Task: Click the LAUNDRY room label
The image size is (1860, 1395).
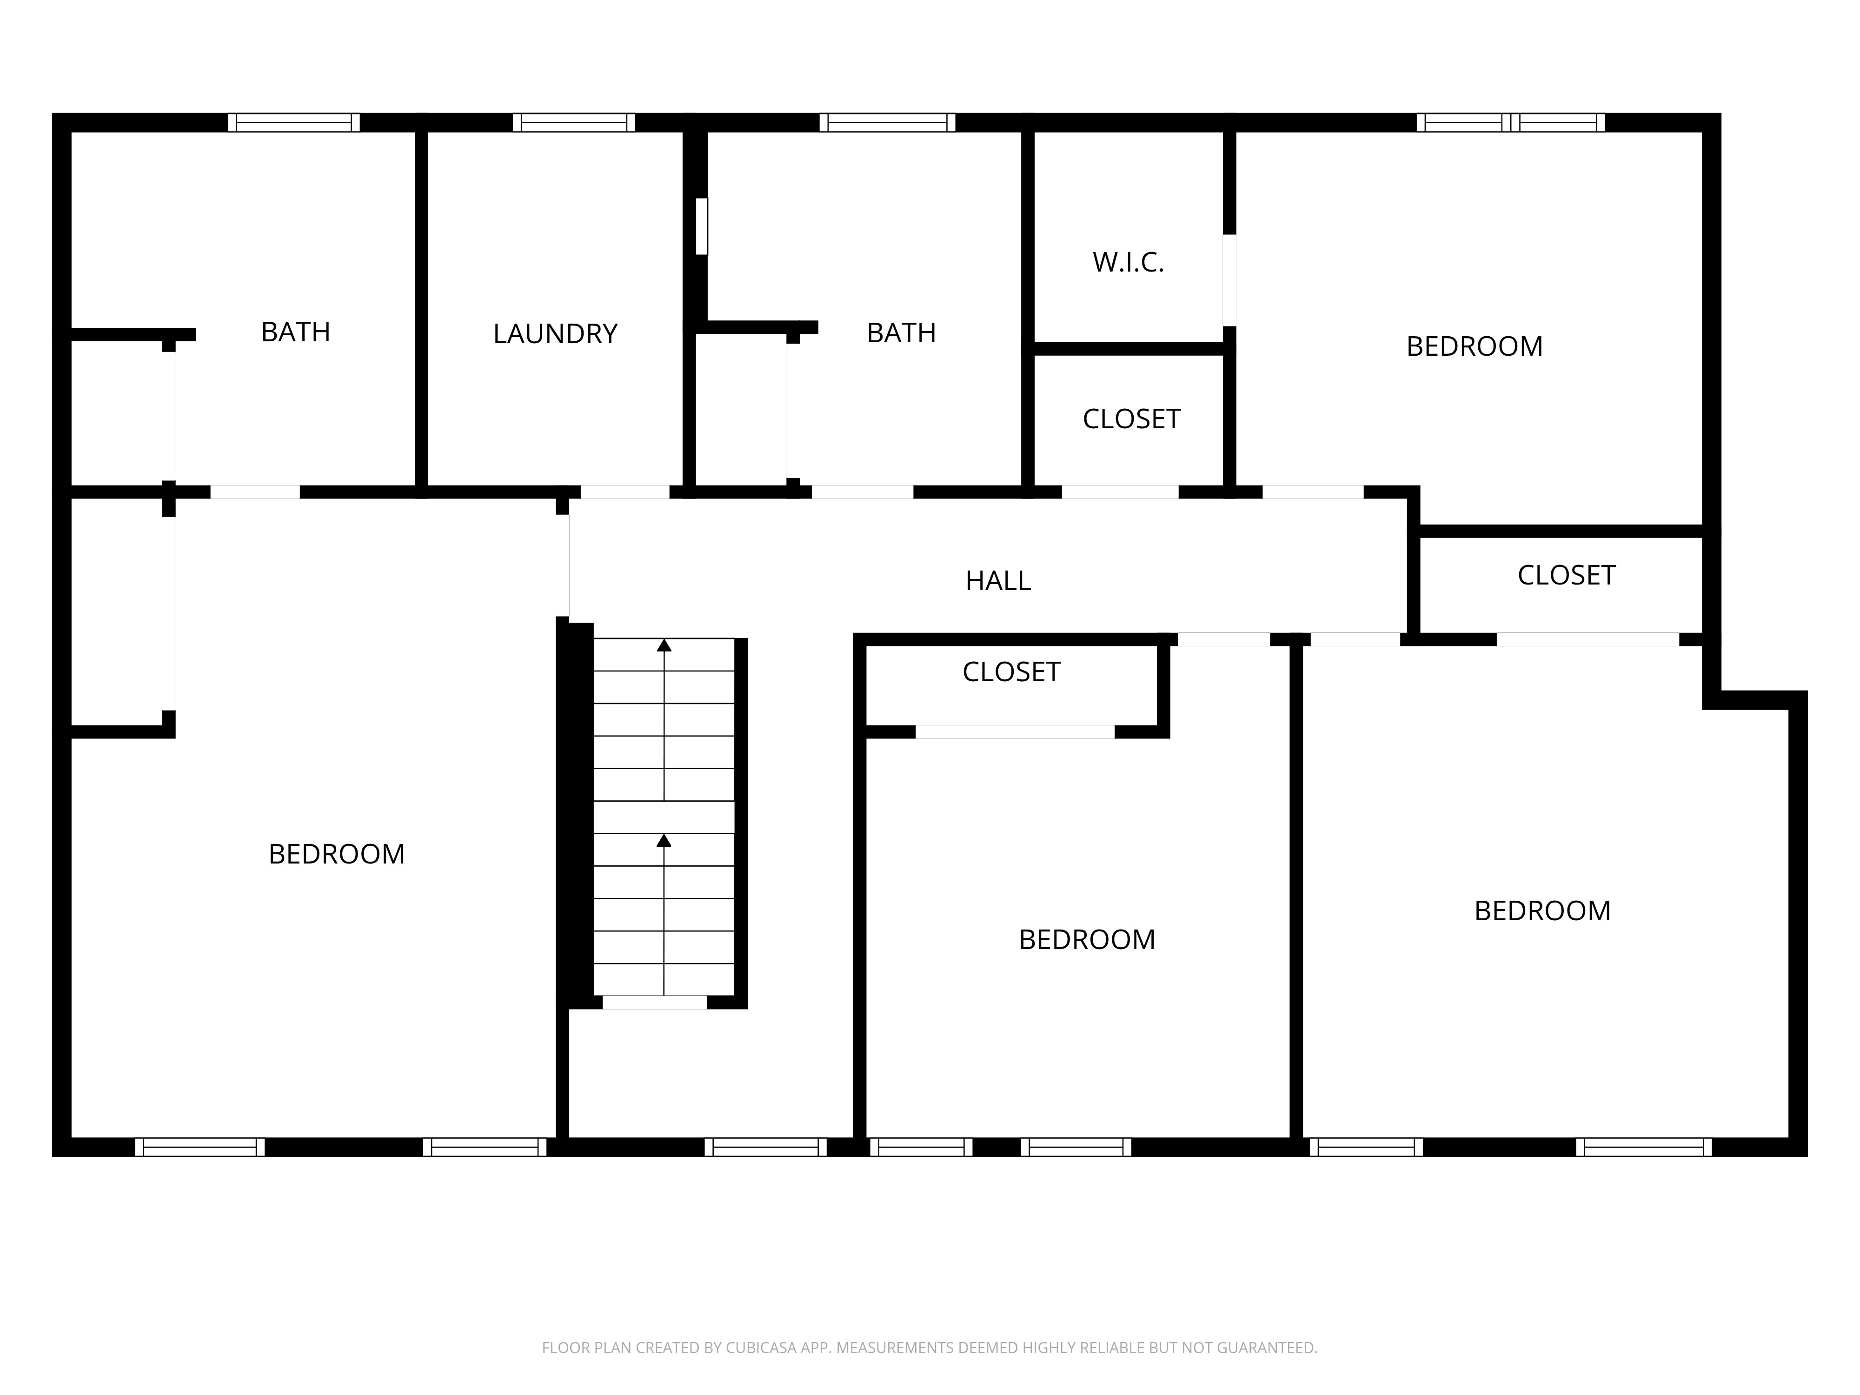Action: [x=555, y=334]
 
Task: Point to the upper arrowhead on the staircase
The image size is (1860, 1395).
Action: [x=664, y=645]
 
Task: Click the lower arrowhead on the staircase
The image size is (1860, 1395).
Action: [x=664, y=840]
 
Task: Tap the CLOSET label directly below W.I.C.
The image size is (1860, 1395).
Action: [x=1131, y=419]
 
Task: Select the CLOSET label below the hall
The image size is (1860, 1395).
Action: [x=1011, y=672]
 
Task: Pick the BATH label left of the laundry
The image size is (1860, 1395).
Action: [x=295, y=332]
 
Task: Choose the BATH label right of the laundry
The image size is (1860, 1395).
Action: [x=902, y=333]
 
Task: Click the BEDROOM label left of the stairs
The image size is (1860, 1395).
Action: [x=336, y=854]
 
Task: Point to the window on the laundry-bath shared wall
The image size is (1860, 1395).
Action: [x=701, y=226]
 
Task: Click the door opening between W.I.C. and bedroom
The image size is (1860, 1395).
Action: [x=1229, y=280]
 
